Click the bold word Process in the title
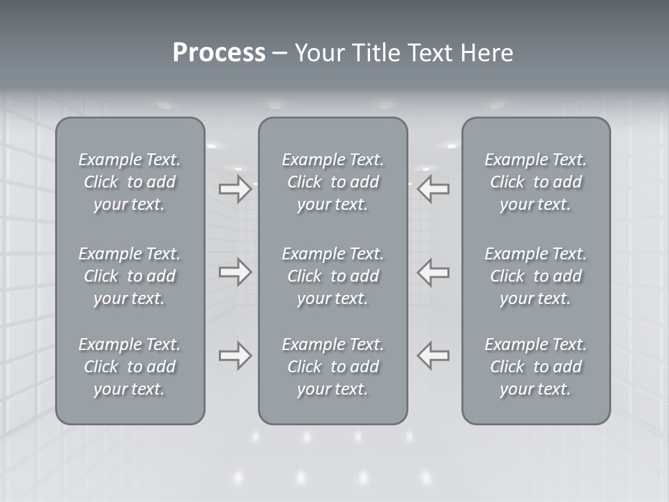(x=219, y=53)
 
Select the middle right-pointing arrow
(x=235, y=272)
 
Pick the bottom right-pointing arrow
(x=235, y=356)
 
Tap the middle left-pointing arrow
(x=433, y=272)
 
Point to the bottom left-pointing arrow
(x=433, y=356)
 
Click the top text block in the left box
(x=130, y=182)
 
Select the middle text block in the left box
(x=130, y=276)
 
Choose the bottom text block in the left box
(x=130, y=367)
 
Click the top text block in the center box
(x=332, y=182)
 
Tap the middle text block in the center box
(x=332, y=276)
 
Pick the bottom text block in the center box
(x=332, y=367)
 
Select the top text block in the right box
(x=535, y=182)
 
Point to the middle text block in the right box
(x=535, y=276)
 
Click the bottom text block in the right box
(x=535, y=367)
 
